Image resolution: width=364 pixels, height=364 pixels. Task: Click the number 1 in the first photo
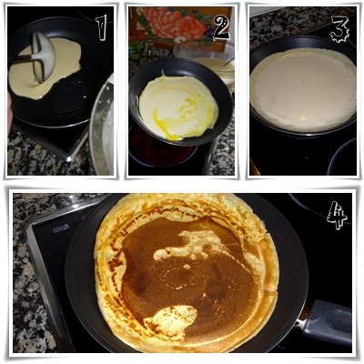tap(102, 27)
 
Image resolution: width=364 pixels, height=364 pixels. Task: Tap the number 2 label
tap(221, 27)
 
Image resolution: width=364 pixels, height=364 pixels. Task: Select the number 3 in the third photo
tap(339, 29)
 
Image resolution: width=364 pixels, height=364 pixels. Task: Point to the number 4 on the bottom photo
tap(337, 215)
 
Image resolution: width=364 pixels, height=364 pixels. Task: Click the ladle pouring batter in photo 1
tap(44, 56)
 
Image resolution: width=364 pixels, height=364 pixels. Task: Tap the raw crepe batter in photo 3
tap(303, 88)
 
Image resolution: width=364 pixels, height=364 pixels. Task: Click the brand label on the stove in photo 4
tap(61, 228)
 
